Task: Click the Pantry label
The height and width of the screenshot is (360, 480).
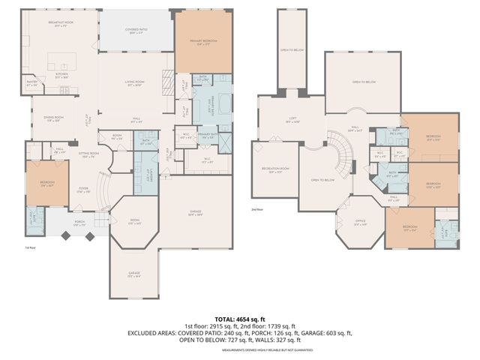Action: point(31,82)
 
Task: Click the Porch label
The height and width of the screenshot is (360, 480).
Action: point(79,223)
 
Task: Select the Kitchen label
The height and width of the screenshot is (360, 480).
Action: point(62,75)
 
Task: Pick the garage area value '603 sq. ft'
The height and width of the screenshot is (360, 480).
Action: point(335,332)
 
